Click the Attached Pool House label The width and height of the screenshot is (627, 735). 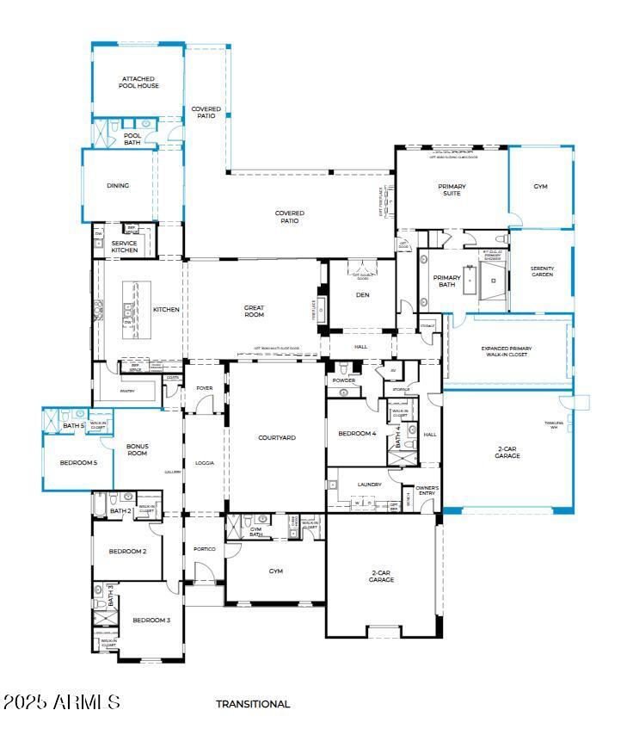(x=139, y=83)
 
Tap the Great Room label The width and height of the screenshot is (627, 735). (x=254, y=312)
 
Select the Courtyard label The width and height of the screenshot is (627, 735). (x=277, y=438)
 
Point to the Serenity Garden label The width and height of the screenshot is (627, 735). (x=542, y=272)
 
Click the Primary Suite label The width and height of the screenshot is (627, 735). (x=452, y=190)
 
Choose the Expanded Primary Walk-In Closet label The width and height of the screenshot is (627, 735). (x=507, y=352)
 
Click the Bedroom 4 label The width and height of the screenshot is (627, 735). (x=357, y=434)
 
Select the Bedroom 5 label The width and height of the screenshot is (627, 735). (x=78, y=463)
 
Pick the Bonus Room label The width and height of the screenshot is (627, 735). (x=138, y=450)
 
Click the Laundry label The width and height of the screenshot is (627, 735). (x=369, y=485)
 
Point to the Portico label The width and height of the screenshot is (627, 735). (x=204, y=548)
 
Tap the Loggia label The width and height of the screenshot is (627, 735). (x=205, y=463)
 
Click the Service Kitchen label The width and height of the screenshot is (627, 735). (x=125, y=246)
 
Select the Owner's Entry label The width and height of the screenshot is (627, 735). (x=427, y=491)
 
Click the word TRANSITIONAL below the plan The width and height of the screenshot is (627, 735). (x=253, y=704)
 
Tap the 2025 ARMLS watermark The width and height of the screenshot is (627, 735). (x=61, y=702)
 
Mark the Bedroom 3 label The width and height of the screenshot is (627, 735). (x=151, y=620)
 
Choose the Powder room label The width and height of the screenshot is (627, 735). (x=343, y=380)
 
